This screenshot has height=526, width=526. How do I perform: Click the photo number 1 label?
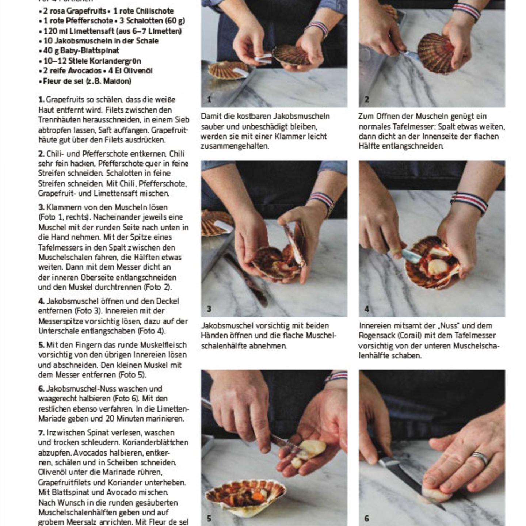coord(209,99)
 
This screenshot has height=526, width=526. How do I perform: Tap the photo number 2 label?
coord(367,99)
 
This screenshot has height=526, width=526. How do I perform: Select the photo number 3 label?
coord(209,309)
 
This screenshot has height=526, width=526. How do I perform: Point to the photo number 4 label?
coord(367,309)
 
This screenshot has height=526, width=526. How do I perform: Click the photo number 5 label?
coord(209,518)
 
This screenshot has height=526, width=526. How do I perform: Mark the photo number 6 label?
coord(367,518)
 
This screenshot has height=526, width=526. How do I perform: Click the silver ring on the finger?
coord(479,458)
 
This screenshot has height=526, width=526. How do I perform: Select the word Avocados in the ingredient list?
coord(83,71)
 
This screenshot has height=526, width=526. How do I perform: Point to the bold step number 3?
coord(41,207)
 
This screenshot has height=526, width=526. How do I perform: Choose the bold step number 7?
coord(41,433)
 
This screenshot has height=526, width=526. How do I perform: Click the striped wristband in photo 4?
coord(469,202)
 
